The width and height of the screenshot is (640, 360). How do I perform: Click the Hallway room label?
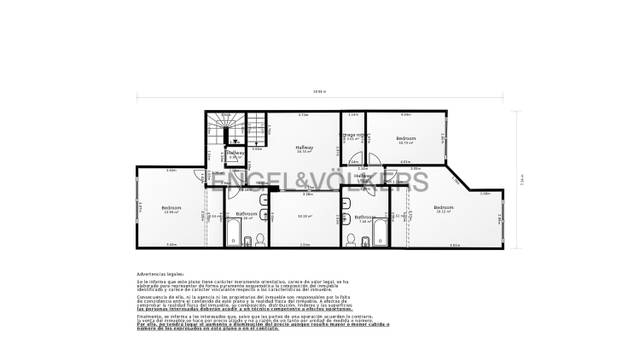[304, 148]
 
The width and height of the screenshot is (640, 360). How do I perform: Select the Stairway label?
[234, 153]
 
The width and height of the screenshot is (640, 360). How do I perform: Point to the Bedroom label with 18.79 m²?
[405, 138]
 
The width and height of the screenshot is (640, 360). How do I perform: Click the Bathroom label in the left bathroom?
[246, 213]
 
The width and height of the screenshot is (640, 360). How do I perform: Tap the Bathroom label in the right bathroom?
[364, 216]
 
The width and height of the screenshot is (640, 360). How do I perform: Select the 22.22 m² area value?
[305, 215]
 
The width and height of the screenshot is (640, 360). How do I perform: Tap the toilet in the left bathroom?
[258, 238]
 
